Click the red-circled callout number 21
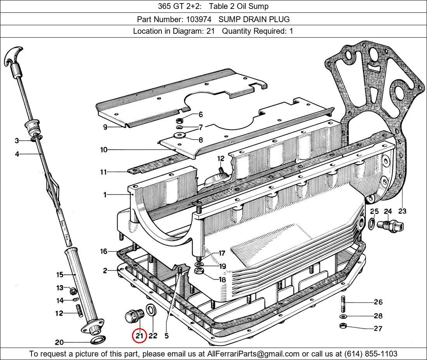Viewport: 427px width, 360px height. (139, 336)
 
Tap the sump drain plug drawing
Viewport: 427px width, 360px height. (134, 316)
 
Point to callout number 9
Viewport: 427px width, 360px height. (105, 127)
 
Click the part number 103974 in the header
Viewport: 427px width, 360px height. (198, 19)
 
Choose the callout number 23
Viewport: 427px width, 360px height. (402, 211)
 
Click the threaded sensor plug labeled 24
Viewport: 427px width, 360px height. (390, 226)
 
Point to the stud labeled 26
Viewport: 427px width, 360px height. (343, 304)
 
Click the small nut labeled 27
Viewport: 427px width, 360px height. (343, 325)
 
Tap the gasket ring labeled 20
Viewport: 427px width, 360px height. (98, 340)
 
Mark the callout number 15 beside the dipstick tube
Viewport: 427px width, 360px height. (60, 275)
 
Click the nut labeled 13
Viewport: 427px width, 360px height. (73, 291)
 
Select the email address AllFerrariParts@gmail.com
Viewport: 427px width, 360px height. (253, 354)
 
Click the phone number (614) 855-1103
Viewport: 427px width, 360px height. (371, 354)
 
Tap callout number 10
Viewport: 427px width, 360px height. (104, 150)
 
